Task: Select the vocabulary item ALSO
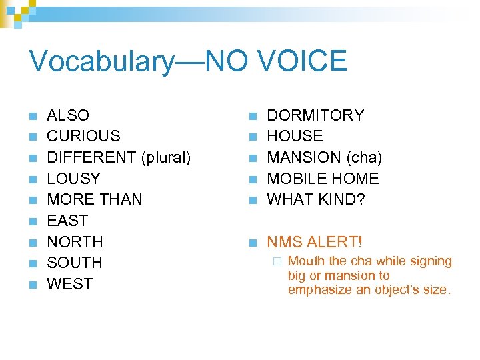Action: (x=68, y=115)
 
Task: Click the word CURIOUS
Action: (x=83, y=136)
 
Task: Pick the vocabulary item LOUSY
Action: (x=73, y=179)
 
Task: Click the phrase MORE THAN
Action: (x=95, y=199)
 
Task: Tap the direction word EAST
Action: (x=67, y=221)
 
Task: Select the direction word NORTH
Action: (x=75, y=241)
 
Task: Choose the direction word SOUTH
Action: (x=75, y=263)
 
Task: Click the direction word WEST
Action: (x=70, y=284)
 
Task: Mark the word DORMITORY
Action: (x=315, y=115)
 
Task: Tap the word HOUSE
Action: (x=295, y=136)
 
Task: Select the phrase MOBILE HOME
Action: (x=323, y=179)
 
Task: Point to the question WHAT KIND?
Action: (x=316, y=199)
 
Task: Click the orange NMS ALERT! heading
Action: (x=315, y=241)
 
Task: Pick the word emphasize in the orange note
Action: (x=317, y=290)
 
